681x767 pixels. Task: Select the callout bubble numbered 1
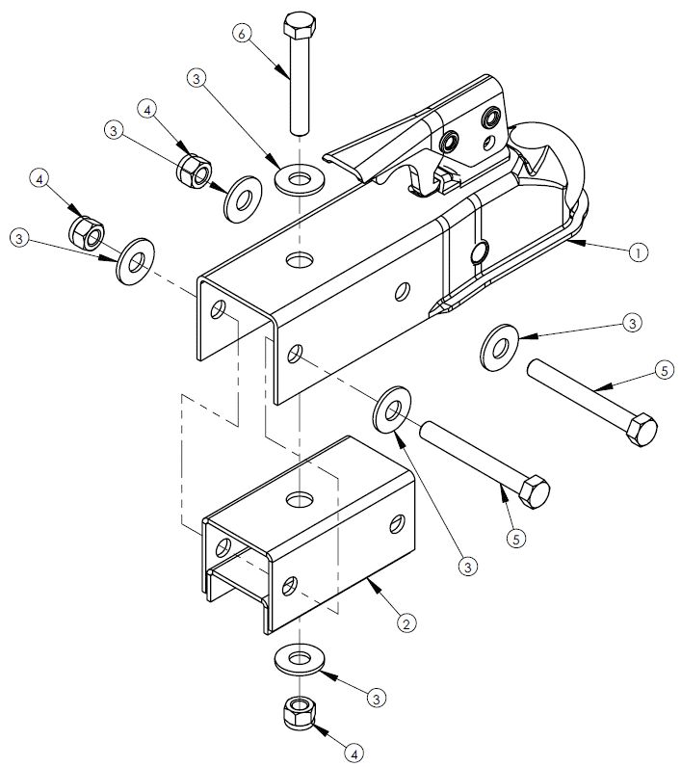(636, 252)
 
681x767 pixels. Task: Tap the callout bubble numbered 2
(407, 623)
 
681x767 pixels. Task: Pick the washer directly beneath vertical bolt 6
(300, 178)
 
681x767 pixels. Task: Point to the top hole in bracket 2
(301, 500)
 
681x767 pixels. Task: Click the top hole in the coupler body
(300, 260)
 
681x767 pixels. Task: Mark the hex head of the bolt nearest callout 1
(641, 428)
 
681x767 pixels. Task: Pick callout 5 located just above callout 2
(517, 538)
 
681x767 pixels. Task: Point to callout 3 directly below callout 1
(631, 322)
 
